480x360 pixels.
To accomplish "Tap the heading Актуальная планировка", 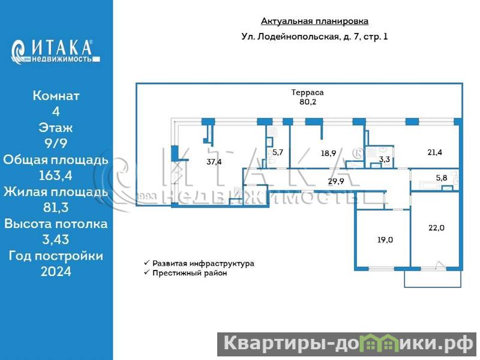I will pyautogui.click(x=314, y=22).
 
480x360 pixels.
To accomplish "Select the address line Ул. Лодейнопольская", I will pyautogui.click(x=314, y=37).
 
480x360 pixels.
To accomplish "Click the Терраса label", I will pyautogui.click(x=307, y=92).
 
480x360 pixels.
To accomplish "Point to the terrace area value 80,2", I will pyautogui.click(x=308, y=102).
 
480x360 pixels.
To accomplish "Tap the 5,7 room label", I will pyautogui.click(x=278, y=152).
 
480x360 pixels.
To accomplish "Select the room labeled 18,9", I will pyautogui.click(x=328, y=153).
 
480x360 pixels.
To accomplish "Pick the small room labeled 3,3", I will pyautogui.click(x=385, y=160).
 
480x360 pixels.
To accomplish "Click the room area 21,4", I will pyautogui.click(x=435, y=152).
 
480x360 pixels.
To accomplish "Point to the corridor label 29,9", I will pyautogui.click(x=335, y=181).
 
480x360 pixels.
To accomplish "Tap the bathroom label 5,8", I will pyautogui.click(x=442, y=178).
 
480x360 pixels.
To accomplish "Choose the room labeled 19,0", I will pyautogui.click(x=385, y=239).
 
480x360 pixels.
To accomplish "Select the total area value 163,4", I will pyautogui.click(x=56, y=176).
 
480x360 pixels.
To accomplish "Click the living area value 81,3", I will pyautogui.click(x=56, y=208).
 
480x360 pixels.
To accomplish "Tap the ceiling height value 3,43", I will pyautogui.click(x=56, y=240).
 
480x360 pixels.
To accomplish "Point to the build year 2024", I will pyautogui.click(x=56, y=272).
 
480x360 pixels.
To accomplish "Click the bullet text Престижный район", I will pyautogui.click(x=190, y=273).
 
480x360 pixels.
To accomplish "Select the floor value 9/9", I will pyautogui.click(x=56, y=143).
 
